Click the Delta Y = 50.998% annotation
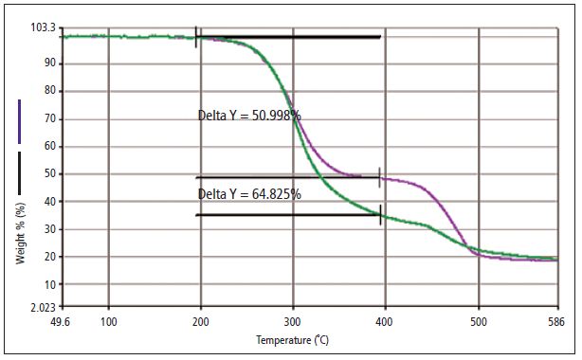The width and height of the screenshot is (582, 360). point(249,116)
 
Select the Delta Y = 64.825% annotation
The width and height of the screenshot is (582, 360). point(249,194)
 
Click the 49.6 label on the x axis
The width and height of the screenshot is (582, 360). point(63,322)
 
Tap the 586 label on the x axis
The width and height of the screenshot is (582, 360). point(556,322)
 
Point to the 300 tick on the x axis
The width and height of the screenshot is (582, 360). point(293,322)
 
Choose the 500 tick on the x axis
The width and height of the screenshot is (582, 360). point(479,322)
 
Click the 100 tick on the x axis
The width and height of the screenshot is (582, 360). point(108,322)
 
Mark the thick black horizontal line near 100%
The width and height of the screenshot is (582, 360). point(288,38)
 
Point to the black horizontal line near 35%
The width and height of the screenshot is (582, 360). point(288,215)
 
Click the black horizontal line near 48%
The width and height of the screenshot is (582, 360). point(288,177)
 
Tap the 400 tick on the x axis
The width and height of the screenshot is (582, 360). point(386,322)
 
